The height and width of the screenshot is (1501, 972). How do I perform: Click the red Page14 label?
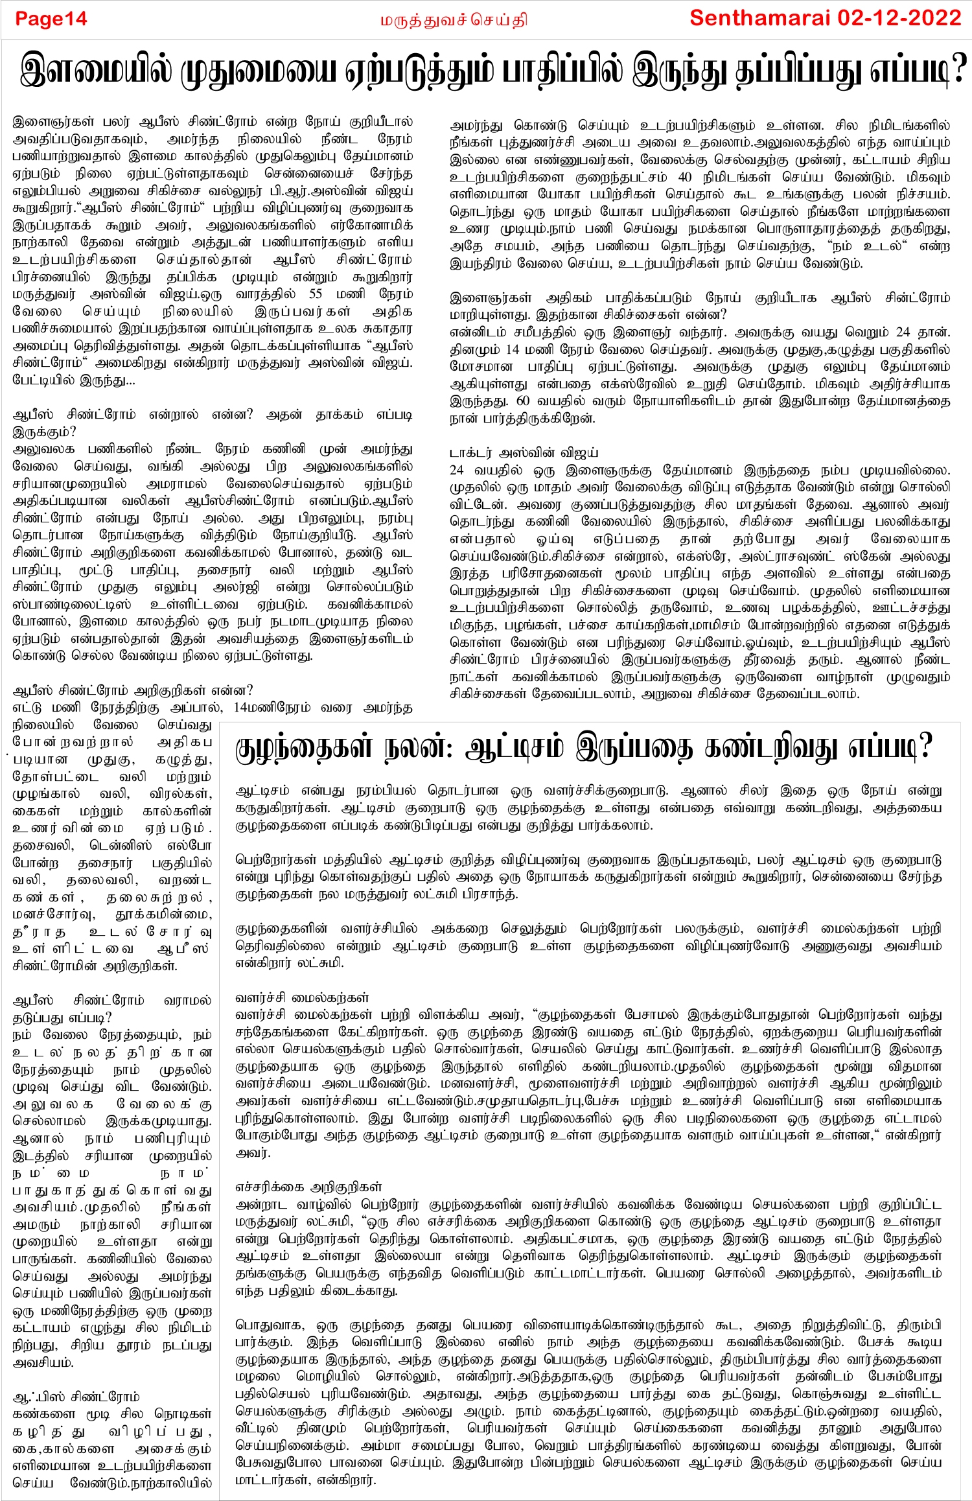pyautogui.click(x=51, y=19)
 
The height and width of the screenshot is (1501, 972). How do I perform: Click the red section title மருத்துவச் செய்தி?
pyautogui.click(x=454, y=20)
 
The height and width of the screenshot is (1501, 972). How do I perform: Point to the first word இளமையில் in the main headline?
pyautogui.click(x=97, y=69)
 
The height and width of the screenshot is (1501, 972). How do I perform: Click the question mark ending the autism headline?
pyautogui.click(x=925, y=748)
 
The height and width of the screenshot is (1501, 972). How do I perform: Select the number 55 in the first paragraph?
pyautogui.click(x=316, y=294)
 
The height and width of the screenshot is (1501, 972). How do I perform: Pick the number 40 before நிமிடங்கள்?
pyautogui.click(x=684, y=177)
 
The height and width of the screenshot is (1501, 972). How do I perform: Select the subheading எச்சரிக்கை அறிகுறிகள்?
pyautogui.click(x=308, y=1187)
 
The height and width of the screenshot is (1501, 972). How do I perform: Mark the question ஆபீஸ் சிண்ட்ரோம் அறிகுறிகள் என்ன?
pyautogui.click(x=133, y=690)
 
